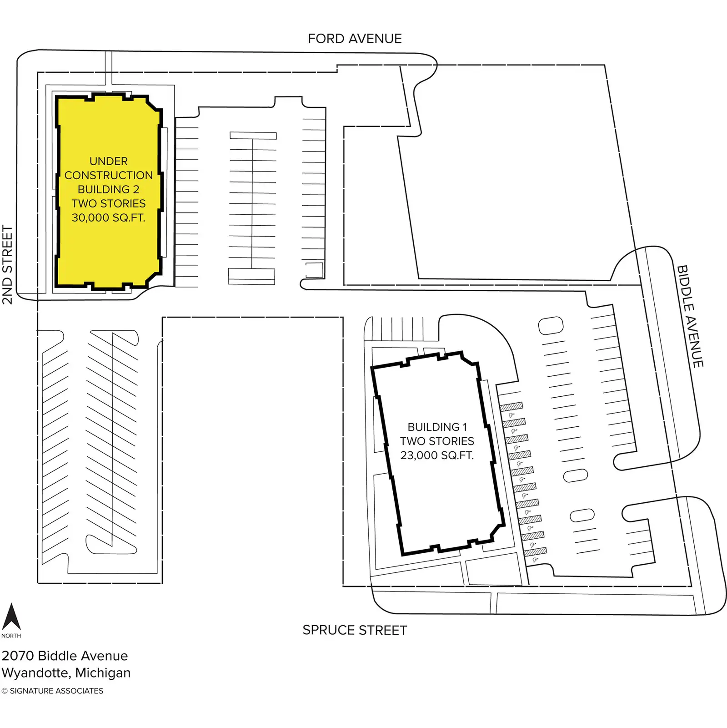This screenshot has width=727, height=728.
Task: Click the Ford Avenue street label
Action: pyautogui.click(x=355, y=39)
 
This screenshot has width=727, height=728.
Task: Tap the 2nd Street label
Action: pyautogui.click(x=7, y=264)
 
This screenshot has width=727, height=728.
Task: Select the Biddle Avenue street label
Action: pyautogui.click(x=690, y=316)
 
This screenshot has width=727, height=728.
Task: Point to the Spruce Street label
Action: pyautogui.click(x=355, y=630)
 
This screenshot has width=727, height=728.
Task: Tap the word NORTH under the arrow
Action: pyautogui.click(x=11, y=636)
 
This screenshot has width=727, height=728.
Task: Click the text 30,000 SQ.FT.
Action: pyautogui.click(x=108, y=217)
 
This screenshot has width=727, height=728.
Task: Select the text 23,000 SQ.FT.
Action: pyautogui.click(x=437, y=455)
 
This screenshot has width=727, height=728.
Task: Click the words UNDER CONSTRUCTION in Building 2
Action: pyautogui.click(x=109, y=168)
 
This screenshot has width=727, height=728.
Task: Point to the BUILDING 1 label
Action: pyautogui.click(x=437, y=427)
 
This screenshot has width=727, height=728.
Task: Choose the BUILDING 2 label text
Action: pyautogui.click(x=109, y=189)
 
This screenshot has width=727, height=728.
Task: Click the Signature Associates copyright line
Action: pyautogui.click(x=52, y=691)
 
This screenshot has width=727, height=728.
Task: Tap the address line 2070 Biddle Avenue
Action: pyautogui.click(x=65, y=656)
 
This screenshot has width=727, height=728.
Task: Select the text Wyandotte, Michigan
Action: pyautogui.click(x=66, y=672)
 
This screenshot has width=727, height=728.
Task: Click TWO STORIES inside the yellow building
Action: pyautogui.click(x=109, y=203)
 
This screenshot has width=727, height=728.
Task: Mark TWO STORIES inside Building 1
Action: pyautogui.click(x=437, y=441)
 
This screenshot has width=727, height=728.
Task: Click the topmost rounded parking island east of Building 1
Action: pyautogui.click(x=551, y=325)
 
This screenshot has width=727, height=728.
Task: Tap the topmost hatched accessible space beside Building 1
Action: pyautogui.click(x=511, y=406)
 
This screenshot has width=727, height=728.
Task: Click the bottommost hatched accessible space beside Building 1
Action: pyautogui.click(x=535, y=552)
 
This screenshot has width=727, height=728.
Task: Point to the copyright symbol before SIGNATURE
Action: pyautogui.click(x=5, y=691)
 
